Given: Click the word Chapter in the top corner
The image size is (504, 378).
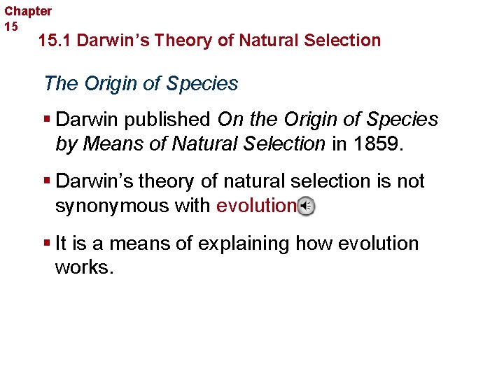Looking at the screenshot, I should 28,11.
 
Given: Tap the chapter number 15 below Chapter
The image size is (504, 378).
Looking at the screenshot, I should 11,27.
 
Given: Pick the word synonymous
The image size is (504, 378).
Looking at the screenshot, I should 108,206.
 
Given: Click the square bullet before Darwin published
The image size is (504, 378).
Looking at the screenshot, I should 47,120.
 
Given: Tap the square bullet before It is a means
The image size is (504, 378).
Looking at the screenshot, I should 47,244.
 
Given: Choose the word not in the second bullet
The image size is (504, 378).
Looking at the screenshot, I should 409,181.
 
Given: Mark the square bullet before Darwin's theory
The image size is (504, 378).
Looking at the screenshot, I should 47,181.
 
